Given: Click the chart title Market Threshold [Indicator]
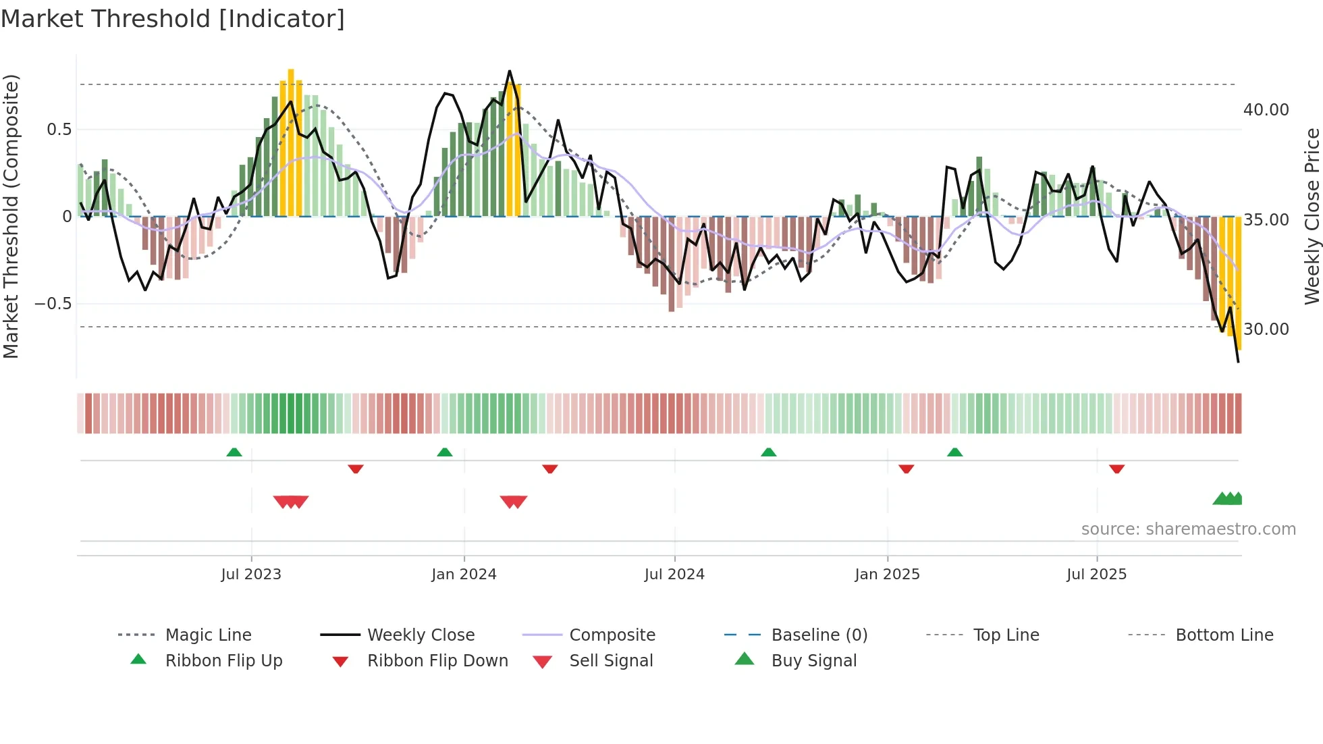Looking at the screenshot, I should [x=173, y=19].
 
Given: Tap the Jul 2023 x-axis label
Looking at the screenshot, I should [x=251, y=575].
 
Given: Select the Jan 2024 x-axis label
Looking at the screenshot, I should [x=464, y=575].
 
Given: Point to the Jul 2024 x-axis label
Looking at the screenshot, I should [x=674, y=575].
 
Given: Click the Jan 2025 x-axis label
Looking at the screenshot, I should [x=887, y=575].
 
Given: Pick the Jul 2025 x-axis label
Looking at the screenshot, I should [x=1097, y=575].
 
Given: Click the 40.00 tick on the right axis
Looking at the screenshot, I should [x=1266, y=110].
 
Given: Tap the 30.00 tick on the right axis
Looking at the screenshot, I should [x=1266, y=329].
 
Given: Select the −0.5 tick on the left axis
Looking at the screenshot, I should [x=53, y=304].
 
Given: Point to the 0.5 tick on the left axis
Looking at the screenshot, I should [x=59, y=130].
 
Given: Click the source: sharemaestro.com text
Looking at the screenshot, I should [x=1188, y=529].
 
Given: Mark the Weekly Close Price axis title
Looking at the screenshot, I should [x=1312, y=216].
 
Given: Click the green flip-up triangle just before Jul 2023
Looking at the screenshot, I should [x=234, y=452].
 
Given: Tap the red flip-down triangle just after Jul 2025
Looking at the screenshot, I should [x=1116, y=469].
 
